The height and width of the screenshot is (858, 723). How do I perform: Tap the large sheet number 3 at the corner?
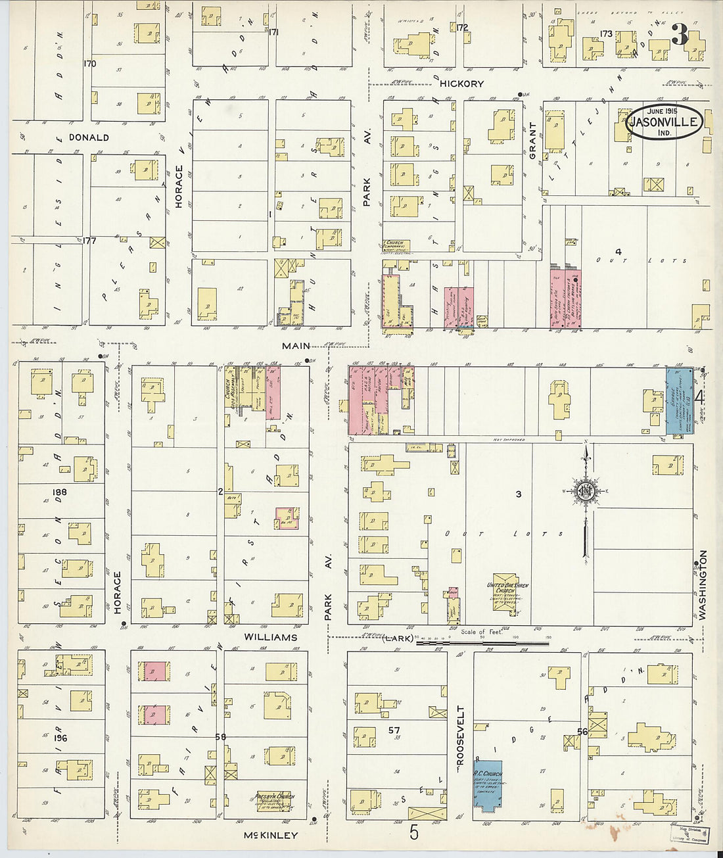point(680,36)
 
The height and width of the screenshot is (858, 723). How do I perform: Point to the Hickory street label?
point(461,83)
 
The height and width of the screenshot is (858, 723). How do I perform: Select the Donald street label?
point(89,137)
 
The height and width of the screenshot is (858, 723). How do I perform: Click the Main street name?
point(296,346)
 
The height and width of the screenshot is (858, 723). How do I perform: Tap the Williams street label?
point(270,637)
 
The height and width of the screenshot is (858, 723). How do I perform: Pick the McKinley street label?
point(270,835)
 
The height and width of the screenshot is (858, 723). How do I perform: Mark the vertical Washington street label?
point(702,585)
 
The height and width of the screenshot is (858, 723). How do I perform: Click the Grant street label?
point(532,141)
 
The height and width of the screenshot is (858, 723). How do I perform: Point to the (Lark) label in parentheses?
point(398,638)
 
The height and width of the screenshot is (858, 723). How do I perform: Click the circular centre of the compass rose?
point(585,491)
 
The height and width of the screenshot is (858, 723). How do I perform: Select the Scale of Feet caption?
point(482,632)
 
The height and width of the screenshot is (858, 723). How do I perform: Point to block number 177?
point(89,241)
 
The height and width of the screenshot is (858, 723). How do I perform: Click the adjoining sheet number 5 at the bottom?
point(413,832)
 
